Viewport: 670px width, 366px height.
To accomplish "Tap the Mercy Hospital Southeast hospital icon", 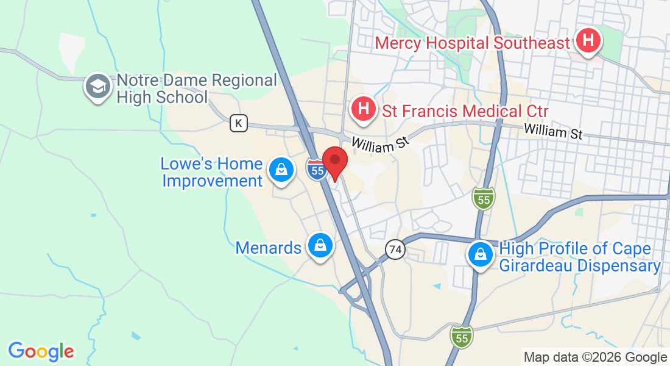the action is point(588,41).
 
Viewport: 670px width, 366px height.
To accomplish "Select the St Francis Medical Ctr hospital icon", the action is point(364,110).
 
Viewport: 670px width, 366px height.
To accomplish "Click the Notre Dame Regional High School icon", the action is point(97,87).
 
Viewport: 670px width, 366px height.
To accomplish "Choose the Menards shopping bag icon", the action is point(319,246).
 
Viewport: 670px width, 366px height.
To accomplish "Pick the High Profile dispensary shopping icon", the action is point(481,256).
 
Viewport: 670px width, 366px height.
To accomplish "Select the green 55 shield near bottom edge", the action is point(461,336).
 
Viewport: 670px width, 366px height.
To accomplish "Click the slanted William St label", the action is point(378,144).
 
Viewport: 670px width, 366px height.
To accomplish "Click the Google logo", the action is point(41,351).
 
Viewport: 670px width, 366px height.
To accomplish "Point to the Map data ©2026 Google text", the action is point(595,357).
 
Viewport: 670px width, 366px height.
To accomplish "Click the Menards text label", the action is point(269,248).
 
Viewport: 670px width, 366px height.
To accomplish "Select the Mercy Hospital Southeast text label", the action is point(473,43).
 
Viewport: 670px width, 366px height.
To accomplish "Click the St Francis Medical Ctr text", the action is point(465,111).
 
